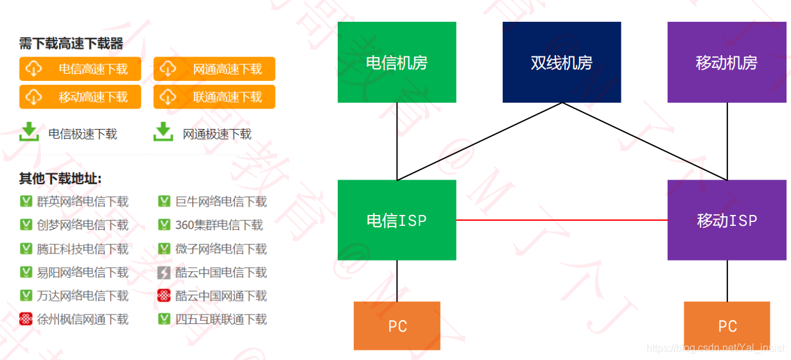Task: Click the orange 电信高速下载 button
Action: click(x=80, y=69)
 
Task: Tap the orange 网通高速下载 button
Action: click(x=214, y=69)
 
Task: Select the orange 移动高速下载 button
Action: click(x=80, y=97)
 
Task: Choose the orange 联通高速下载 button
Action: click(x=214, y=97)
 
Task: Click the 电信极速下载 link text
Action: click(x=83, y=134)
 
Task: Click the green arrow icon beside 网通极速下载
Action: click(x=164, y=132)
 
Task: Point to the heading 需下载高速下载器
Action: click(x=71, y=44)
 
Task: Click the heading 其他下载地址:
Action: click(x=60, y=179)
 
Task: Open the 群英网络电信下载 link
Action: click(x=82, y=201)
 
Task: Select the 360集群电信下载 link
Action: click(x=219, y=225)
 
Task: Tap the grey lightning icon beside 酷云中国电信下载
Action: click(x=164, y=273)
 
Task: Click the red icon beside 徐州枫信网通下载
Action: click(x=26, y=319)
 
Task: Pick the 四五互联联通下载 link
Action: click(x=221, y=319)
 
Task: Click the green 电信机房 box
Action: click(x=397, y=62)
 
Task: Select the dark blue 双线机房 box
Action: click(x=562, y=62)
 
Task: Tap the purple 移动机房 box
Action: click(x=726, y=62)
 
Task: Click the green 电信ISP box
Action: click(x=397, y=220)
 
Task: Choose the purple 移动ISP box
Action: click(x=726, y=220)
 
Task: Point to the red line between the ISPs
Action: click(x=562, y=220)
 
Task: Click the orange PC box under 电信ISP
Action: click(x=397, y=326)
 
